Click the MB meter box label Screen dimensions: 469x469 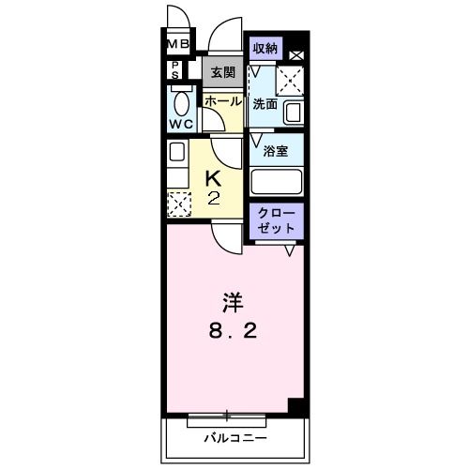(178, 44)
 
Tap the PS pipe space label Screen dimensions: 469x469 (175, 69)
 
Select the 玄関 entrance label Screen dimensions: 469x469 (221, 71)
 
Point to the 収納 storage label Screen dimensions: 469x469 (264, 48)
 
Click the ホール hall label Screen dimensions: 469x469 (222, 100)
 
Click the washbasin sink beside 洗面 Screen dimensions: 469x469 (293, 114)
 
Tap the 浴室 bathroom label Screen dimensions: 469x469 (275, 151)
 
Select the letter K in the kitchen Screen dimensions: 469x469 (214, 176)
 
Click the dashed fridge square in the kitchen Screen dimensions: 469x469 (177, 203)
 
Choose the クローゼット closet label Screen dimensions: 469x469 (276, 221)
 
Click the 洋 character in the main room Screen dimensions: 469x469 (233, 303)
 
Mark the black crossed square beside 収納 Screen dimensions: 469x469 (295, 55)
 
